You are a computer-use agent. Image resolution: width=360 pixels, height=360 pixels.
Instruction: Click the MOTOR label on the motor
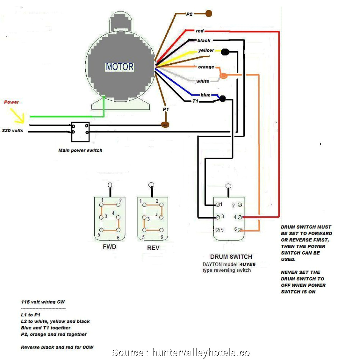(x=119, y=67)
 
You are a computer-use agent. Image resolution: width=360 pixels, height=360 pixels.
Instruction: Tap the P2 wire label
(x=190, y=14)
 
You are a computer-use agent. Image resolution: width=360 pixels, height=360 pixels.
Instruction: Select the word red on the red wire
(x=200, y=31)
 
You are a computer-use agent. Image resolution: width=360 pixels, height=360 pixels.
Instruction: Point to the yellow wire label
(x=206, y=50)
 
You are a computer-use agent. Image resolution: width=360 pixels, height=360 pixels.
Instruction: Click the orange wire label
(x=206, y=67)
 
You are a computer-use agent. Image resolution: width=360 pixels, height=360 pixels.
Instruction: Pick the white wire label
(x=203, y=81)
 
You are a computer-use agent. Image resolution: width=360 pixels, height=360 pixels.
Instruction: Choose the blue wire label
(x=206, y=95)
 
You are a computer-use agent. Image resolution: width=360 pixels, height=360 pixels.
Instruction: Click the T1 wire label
(x=196, y=101)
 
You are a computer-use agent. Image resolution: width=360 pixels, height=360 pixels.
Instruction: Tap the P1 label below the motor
(x=166, y=109)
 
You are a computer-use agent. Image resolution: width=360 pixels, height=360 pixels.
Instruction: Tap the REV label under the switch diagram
(x=153, y=248)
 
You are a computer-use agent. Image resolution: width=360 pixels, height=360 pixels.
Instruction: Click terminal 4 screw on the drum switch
(x=241, y=217)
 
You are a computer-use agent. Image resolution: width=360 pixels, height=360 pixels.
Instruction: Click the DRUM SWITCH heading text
(x=231, y=257)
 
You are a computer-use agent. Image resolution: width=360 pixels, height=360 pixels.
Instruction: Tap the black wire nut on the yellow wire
(x=225, y=52)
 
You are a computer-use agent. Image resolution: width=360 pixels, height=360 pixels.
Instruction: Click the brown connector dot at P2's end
(x=208, y=14)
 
